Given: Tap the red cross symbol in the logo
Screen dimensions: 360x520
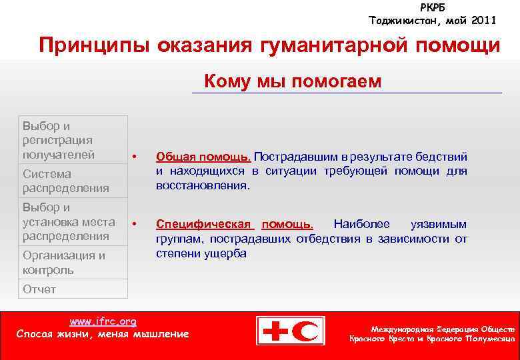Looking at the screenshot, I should click(275, 331).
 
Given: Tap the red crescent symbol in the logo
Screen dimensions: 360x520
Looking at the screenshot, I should click(309, 331).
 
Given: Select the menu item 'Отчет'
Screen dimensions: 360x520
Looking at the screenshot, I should click(39, 289).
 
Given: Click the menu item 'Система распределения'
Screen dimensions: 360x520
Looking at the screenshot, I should click(65, 181).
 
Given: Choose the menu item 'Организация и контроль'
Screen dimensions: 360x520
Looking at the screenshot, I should click(64, 263).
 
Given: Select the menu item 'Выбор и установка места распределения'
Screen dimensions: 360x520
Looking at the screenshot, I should click(68, 221).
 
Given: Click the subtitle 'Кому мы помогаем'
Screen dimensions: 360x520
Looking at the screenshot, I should click(293, 81).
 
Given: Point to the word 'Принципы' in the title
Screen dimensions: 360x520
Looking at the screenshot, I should click(93, 46).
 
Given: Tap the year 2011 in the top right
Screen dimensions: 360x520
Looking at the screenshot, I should click(483, 20).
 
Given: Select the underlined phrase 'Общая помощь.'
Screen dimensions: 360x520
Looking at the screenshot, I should click(203, 157).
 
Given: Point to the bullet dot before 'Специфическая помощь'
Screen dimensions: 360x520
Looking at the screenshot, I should click(135, 223).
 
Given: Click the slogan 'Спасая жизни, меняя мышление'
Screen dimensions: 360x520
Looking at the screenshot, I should click(103, 333).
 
